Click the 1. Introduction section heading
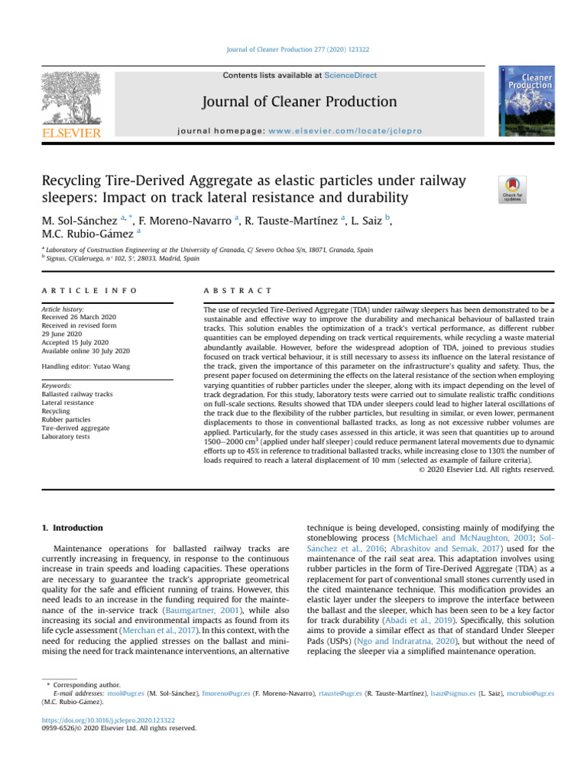[71, 526]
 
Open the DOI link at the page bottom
[107, 719]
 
